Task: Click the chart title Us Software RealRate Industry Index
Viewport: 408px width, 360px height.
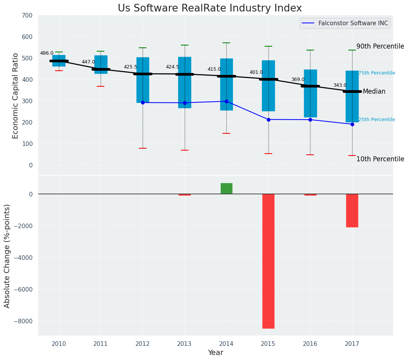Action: point(210,8)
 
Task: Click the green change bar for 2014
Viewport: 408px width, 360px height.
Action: point(226,188)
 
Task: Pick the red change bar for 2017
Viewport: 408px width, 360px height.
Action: point(352,211)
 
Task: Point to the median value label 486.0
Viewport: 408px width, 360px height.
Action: point(47,53)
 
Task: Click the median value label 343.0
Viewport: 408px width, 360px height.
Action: point(340,85)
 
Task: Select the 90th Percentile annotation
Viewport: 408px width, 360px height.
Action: point(380,46)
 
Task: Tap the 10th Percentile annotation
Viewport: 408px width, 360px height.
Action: point(380,159)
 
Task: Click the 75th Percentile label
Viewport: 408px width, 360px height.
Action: point(377,73)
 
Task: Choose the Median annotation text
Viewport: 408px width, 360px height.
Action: point(374,92)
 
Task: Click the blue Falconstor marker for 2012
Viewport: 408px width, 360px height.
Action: point(143,102)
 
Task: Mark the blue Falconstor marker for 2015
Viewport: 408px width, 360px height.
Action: point(268,120)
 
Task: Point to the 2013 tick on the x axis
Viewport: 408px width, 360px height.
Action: point(184,344)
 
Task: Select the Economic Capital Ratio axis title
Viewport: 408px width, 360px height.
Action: point(16,96)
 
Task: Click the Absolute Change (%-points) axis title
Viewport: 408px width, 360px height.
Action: point(7,256)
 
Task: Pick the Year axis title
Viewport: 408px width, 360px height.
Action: point(215,353)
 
